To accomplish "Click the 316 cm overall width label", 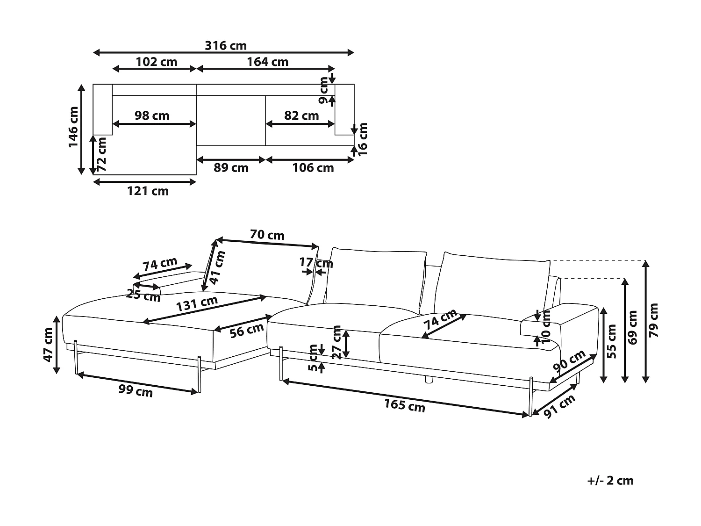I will click(225, 46).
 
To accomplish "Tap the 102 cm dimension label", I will click(156, 62).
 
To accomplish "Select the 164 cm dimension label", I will click(267, 62).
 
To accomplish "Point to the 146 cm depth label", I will click(74, 127).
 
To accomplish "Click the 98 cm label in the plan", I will click(152, 115).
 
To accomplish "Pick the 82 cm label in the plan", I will click(301, 115).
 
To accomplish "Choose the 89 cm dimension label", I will click(231, 168).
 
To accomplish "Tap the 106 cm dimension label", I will click(313, 168).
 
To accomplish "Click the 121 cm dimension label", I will click(148, 191).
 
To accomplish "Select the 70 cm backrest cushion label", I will click(267, 235).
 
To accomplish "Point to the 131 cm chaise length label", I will click(197, 304).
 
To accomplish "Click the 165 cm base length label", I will click(405, 405).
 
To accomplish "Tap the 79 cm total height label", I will click(653, 320).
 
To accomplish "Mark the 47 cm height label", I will click(48, 345).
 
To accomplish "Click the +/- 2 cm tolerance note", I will click(610, 480).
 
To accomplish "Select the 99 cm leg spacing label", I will click(136, 391).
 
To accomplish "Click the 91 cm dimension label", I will click(559, 406).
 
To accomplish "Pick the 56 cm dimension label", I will click(247, 330).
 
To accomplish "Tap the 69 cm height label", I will click(633, 327).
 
